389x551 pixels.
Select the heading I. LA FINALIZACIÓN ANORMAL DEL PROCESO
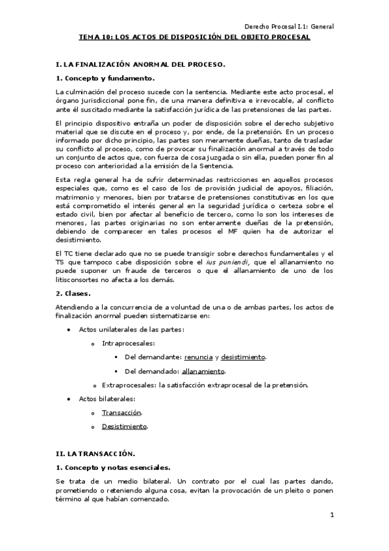(x=141, y=65)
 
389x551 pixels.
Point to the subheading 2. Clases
(x=74, y=293)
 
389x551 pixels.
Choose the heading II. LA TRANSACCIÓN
(x=96, y=452)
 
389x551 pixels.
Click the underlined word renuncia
(x=199, y=357)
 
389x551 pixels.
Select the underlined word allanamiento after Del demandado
(x=205, y=371)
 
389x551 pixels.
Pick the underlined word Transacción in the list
(x=121, y=413)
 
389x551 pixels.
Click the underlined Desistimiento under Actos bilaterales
(x=125, y=426)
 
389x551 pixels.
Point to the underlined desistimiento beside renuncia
(x=243, y=357)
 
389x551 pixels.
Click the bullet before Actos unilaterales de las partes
(x=70, y=330)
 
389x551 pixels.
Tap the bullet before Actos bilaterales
(x=70, y=398)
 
